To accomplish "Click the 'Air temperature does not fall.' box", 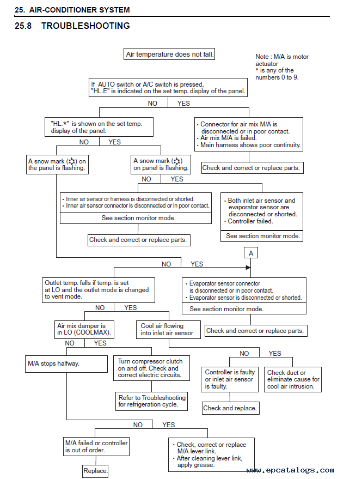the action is [x=169, y=54].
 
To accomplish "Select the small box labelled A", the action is [x=251, y=253].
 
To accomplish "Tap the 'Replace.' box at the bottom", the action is [x=96, y=471].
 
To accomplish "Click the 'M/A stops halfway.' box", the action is [x=66, y=364].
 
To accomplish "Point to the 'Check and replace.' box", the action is [x=231, y=408].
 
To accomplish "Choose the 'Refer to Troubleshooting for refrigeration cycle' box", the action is [x=152, y=401].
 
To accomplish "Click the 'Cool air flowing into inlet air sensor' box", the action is [x=169, y=330].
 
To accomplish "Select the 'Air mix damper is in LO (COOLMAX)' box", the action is [x=84, y=330].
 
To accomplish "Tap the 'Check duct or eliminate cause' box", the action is [x=293, y=379].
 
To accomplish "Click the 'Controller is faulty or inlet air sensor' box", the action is [x=230, y=379].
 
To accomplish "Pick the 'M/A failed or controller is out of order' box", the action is [x=96, y=447].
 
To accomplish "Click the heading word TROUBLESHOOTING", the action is [x=86, y=26].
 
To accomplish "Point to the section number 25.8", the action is [x=23, y=26].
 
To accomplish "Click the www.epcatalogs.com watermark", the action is [x=290, y=470].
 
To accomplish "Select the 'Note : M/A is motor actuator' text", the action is [x=282, y=60].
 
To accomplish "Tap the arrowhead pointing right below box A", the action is [x=248, y=268].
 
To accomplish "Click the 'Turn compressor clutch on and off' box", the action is [x=151, y=368].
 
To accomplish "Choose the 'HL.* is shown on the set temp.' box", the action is [x=99, y=127].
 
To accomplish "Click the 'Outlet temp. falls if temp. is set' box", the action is [x=99, y=290].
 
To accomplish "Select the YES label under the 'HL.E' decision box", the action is [x=184, y=104].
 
